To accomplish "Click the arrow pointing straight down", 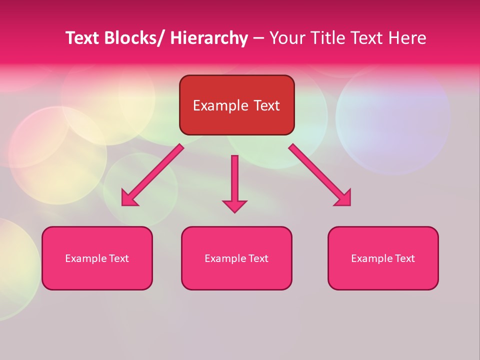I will (x=234, y=180).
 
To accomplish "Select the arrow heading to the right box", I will (x=320, y=175).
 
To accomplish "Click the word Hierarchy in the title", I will (x=209, y=38).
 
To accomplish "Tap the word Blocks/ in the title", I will (x=132, y=38).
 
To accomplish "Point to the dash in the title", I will (x=258, y=38).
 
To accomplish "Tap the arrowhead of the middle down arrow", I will (x=234, y=205).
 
